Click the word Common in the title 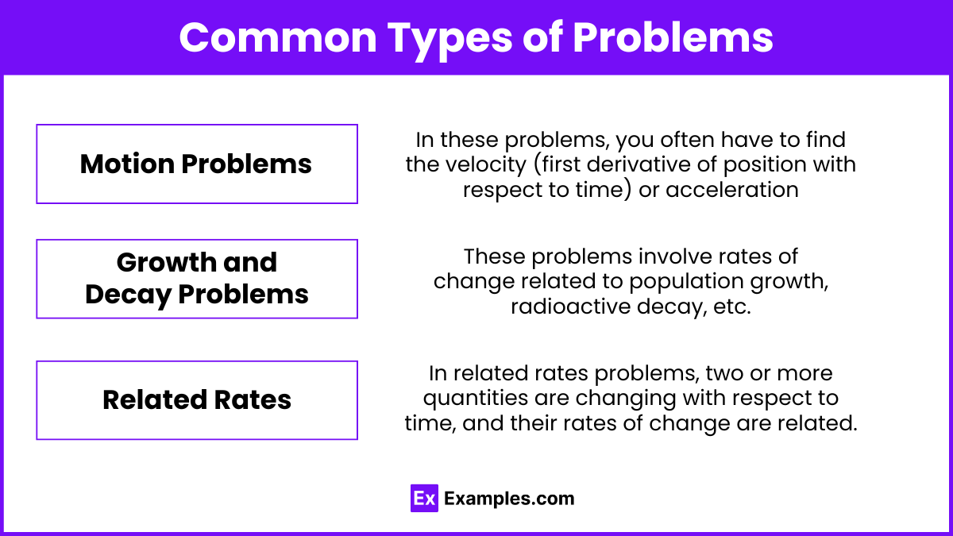278,37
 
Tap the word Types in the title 449,40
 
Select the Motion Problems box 197,164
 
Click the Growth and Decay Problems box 197,279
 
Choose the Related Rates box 197,400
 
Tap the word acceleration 732,189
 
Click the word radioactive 570,307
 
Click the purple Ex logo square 424,498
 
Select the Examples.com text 509,499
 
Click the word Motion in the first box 127,164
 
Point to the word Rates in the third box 253,400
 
